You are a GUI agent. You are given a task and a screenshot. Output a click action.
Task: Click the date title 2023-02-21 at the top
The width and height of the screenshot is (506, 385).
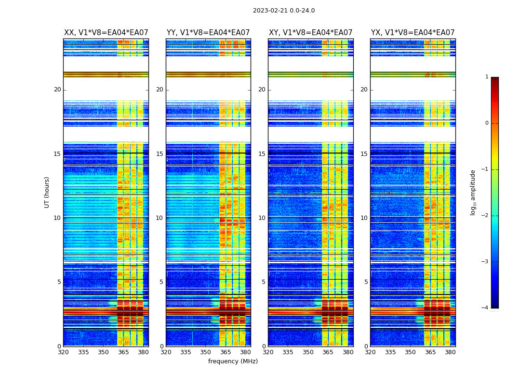[x=283, y=11]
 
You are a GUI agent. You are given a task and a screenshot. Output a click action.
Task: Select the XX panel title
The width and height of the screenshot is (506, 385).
[x=106, y=33]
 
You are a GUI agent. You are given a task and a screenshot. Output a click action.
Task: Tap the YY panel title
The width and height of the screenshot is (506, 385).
[x=208, y=33]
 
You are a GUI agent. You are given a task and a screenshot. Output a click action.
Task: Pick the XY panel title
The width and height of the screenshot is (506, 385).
[x=310, y=33]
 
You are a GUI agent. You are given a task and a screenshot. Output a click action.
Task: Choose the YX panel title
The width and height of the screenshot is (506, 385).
[x=413, y=33]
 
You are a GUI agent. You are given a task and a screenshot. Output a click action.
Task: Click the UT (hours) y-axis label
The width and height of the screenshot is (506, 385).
[x=47, y=192]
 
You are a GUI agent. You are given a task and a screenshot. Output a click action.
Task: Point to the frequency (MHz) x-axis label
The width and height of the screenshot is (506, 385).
[x=233, y=361]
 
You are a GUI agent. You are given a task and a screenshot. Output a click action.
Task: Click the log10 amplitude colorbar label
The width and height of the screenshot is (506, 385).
[x=473, y=192]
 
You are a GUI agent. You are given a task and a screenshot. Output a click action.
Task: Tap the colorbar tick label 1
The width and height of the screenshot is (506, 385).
[x=486, y=77]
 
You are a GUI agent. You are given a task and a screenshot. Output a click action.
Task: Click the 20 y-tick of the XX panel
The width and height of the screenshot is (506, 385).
[x=57, y=90]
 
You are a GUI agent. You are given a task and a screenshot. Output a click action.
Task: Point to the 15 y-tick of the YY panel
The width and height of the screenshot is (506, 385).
[x=160, y=154]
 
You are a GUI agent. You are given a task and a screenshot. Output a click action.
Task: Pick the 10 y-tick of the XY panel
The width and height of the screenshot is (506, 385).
[x=262, y=218]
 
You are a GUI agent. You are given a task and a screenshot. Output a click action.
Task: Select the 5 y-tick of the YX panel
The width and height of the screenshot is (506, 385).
[x=366, y=282]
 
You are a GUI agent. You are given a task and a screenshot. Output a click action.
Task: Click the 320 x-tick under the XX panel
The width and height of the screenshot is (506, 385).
[x=63, y=352]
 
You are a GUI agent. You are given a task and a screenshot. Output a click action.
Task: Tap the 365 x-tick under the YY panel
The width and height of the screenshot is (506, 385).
[x=226, y=352]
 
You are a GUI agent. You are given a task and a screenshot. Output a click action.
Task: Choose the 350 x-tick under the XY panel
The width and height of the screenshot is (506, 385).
[x=308, y=352]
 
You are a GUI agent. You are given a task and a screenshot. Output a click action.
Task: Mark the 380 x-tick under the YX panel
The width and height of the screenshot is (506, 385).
[x=450, y=352]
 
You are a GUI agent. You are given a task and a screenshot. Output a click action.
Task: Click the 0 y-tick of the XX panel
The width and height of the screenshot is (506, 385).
[x=59, y=346]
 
